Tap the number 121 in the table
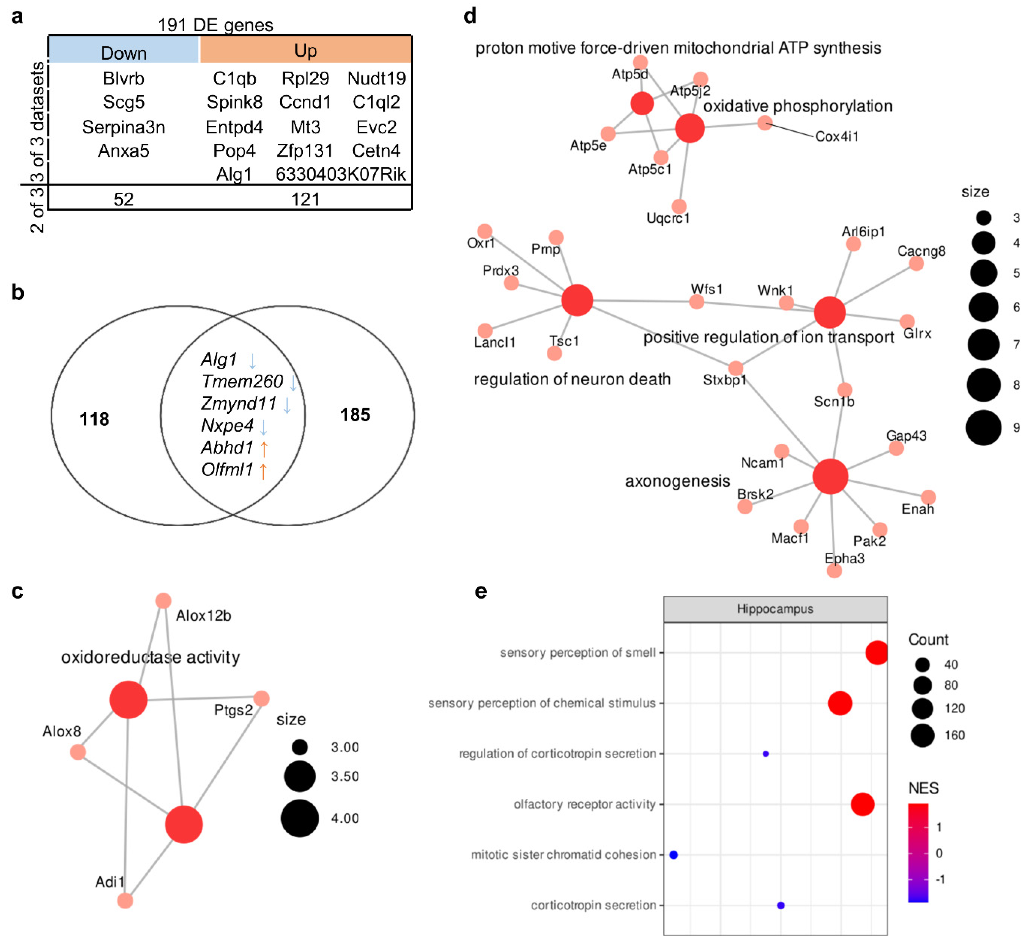[x=305, y=199]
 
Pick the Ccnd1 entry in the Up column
[x=305, y=102]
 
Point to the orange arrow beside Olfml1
[x=263, y=470]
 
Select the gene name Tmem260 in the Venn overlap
[x=242, y=381]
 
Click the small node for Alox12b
[x=163, y=600]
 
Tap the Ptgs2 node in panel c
[x=261, y=698]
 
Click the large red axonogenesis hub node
[x=830, y=476]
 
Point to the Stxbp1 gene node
[x=735, y=368]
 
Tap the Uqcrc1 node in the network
[x=679, y=206]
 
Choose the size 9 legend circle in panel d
[x=983, y=427]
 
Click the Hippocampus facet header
[x=775, y=609]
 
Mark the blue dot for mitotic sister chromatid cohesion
[x=674, y=855]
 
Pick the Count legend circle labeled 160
[x=922, y=735]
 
